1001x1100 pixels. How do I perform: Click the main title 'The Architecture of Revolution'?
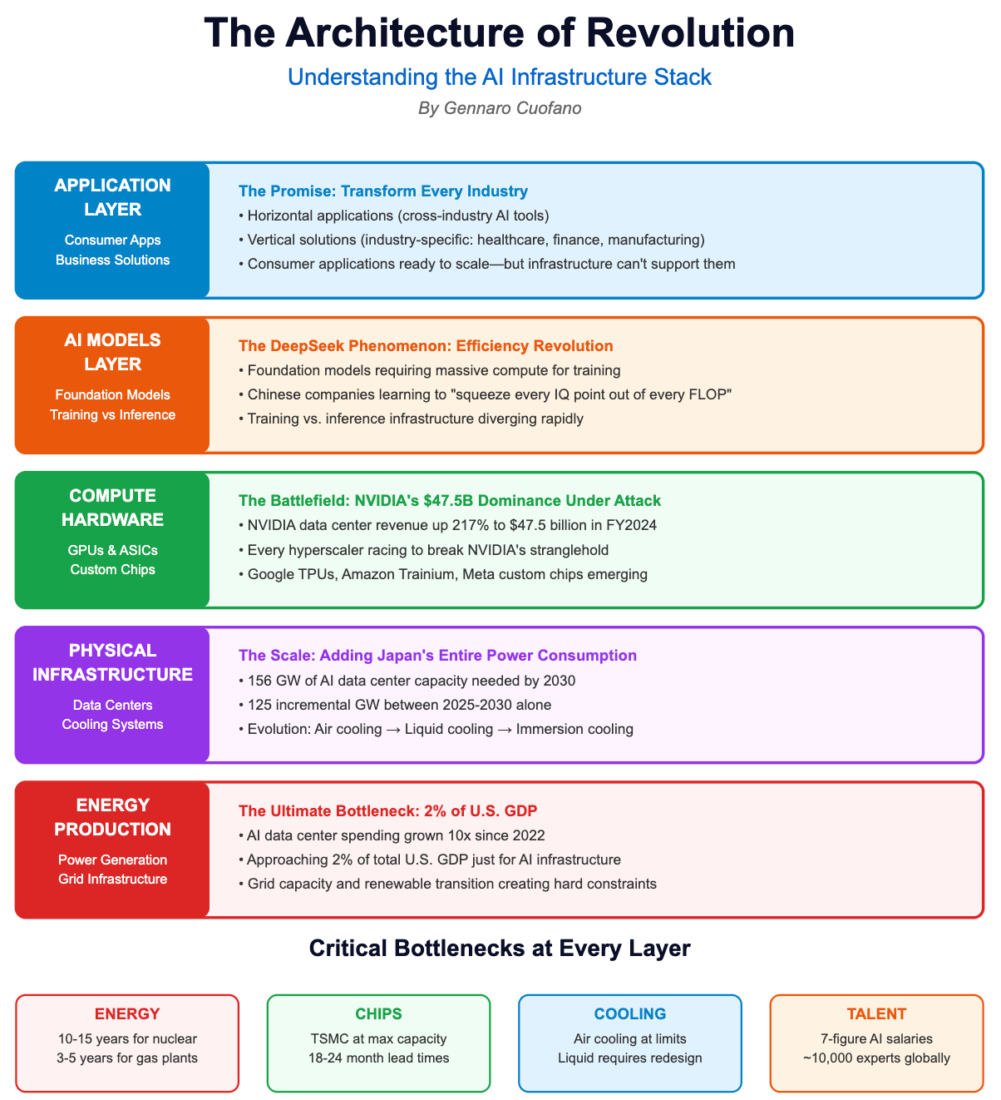(x=500, y=33)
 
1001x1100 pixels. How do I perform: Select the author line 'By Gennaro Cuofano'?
(x=500, y=108)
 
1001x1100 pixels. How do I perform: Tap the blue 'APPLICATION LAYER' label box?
(x=112, y=230)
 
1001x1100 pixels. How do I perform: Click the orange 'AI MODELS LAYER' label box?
(x=112, y=385)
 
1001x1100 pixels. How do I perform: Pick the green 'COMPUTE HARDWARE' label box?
(x=112, y=540)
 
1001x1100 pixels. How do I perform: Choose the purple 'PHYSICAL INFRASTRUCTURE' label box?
(x=112, y=695)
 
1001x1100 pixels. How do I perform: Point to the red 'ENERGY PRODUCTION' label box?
(x=112, y=850)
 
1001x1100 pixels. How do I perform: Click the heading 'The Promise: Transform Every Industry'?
(x=382, y=191)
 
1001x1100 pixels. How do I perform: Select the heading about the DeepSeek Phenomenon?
(x=426, y=346)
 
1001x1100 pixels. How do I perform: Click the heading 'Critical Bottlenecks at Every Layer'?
(x=500, y=949)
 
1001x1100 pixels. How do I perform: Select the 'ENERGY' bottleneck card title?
(x=127, y=1013)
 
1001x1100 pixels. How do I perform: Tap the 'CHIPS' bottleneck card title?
(x=378, y=1013)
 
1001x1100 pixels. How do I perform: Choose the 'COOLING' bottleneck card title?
(x=630, y=1013)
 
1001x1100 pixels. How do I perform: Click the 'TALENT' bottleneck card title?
(x=876, y=1013)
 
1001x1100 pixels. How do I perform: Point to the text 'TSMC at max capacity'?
(x=378, y=1038)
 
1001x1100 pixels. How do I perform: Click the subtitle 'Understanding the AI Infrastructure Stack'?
(x=500, y=77)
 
